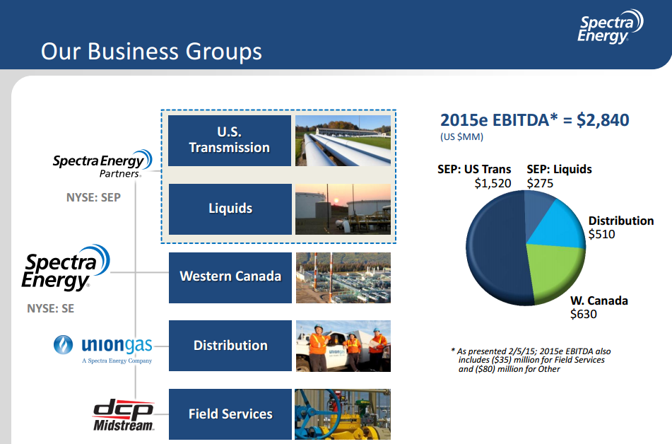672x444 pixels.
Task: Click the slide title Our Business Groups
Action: click(151, 52)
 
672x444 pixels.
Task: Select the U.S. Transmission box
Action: click(230, 141)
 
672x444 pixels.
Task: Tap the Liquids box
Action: click(230, 209)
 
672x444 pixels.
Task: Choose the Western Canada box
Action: click(230, 276)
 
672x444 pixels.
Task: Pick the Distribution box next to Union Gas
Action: click(230, 346)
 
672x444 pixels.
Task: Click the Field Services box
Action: click(230, 414)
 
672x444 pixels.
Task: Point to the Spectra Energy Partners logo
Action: click(102, 164)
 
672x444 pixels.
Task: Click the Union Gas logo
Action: click(102, 348)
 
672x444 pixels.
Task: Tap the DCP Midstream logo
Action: click(124, 416)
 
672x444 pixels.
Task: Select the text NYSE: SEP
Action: click(93, 198)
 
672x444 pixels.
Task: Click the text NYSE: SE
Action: click(50, 308)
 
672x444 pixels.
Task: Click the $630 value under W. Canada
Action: click(584, 314)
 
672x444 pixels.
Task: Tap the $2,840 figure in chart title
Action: click(603, 120)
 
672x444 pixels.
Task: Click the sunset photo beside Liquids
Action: click(343, 209)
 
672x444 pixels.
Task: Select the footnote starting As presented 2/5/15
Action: click(531, 360)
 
